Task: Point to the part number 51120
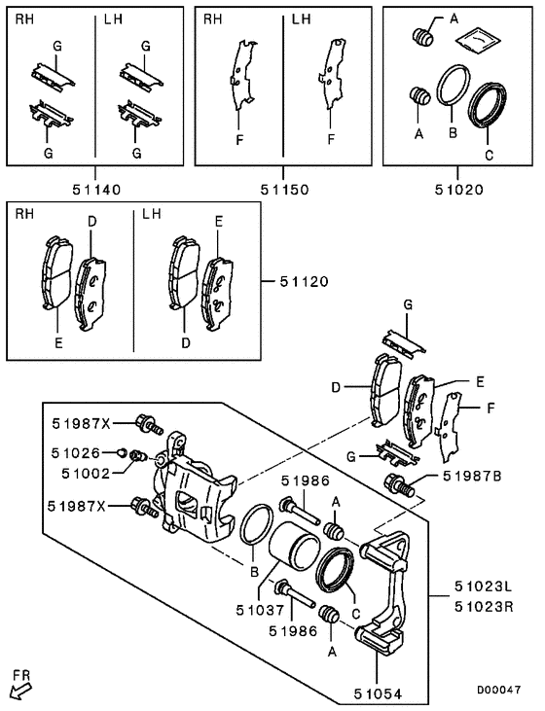tap(302, 282)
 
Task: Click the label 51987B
tap(473, 476)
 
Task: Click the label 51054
tap(377, 694)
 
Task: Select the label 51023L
tap(482, 587)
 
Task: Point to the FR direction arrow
tap(18, 689)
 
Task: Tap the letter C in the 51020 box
tap(488, 154)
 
